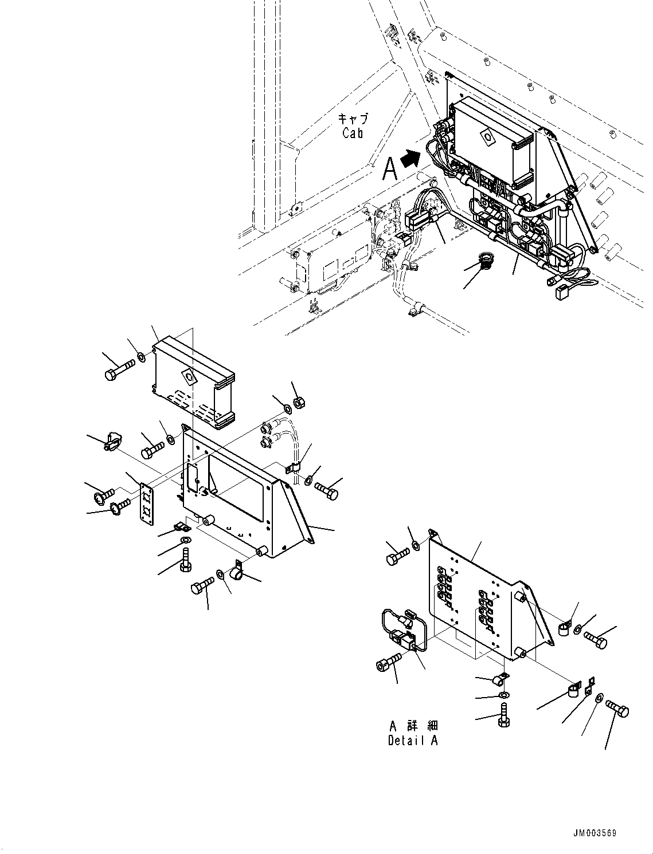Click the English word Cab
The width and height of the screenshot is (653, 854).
pos(353,133)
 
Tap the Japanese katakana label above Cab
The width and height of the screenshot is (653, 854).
pos(353,119)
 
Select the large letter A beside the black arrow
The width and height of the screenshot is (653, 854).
pos(390,169)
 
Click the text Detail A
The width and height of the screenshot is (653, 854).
pos(412,740)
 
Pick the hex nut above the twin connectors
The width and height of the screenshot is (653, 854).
pos(298,403)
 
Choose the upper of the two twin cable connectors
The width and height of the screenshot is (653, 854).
pos(265,426)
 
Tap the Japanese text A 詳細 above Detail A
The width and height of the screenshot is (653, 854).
pos(412,726)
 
